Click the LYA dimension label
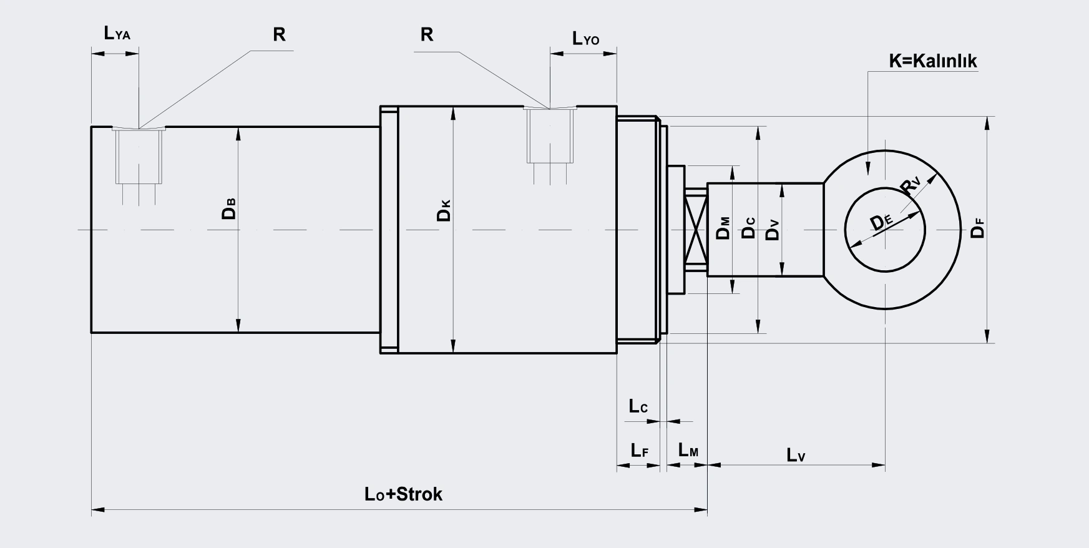click(x=117, y=33)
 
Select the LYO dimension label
click(x=586, y=39)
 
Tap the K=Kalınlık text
click(x=933, y=61)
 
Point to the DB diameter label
click(x=229, y=209)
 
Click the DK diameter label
click(x=444, y=211)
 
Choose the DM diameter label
click(x=723, y=228)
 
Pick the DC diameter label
click(x=748, y=228)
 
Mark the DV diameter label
click(x=773, y=230)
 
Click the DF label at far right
click(x=978, y=228)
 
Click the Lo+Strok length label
click(x=403, y=494)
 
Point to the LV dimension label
click(x=796, y=455)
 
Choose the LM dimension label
click(x=688, y=450)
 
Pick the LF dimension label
click(x=639, y=450)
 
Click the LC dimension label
click(x=638, y=406)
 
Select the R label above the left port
click(x=279, y=34)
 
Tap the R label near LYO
click(x=427, y=34)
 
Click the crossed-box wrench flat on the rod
click(x=696, y=230)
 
